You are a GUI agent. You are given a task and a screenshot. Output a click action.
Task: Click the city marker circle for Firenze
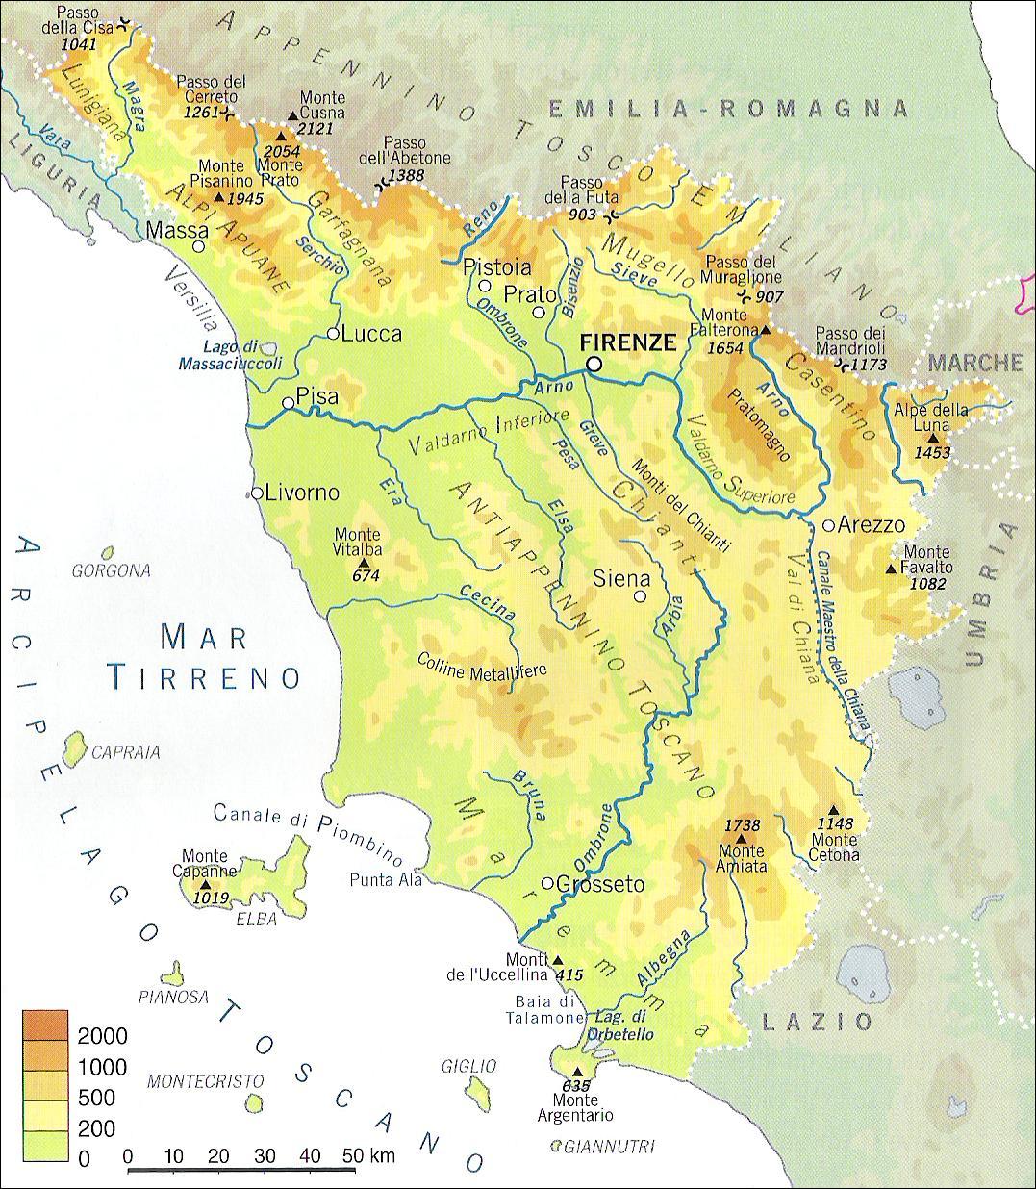coord(594,364)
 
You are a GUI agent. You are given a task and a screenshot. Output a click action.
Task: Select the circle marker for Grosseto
coord(546,883)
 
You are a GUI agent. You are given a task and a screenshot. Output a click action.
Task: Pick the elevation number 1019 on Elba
coord(212,898)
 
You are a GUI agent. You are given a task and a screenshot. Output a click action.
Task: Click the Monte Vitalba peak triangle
coord(363,564)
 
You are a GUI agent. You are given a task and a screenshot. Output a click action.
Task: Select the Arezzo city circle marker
coord(828,525)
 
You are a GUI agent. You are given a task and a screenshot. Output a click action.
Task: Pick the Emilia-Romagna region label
coord(728,109)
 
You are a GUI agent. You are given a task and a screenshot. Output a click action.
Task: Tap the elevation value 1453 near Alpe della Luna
coord(932,451)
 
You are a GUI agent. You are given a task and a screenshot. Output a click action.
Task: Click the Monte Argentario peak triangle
coord(577,1071)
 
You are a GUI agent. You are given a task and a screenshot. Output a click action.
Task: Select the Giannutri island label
coord(609,1147)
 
